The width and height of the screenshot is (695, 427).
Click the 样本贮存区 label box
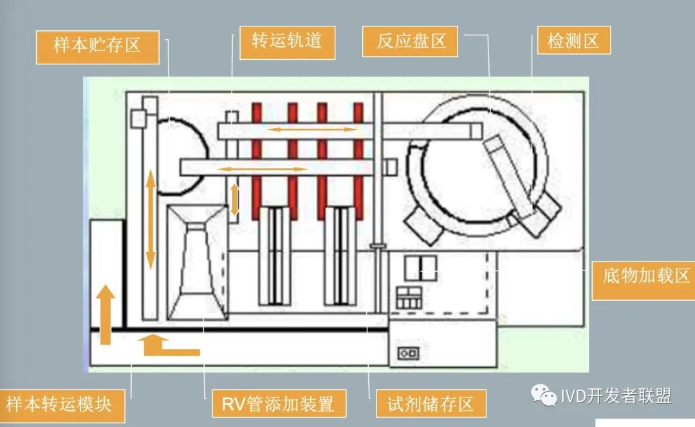pyautogui.click(x=97, y=46)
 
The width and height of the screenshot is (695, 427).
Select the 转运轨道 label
pyautogui.click(x=287, y=42)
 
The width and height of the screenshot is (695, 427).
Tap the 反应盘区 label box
pyautogui.click(x=411, y=42)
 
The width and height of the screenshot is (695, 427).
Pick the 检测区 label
pyautogui.click(x=573, y=42)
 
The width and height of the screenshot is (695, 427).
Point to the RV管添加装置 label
pyautogui.click(x=278, y=404)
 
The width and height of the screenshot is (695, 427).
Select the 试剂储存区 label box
pyautogui.click(x=430, y=404)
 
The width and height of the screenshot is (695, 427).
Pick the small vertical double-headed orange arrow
pyautogui.click(x=235, y=200)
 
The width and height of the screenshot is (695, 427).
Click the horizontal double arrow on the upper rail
pyautogui.click(x=312, y=129)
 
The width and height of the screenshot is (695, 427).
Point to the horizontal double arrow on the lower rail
pyautogui.click(x=264, y=169)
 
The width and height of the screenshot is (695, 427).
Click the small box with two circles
pyautogui.click(x=409, y=354)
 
